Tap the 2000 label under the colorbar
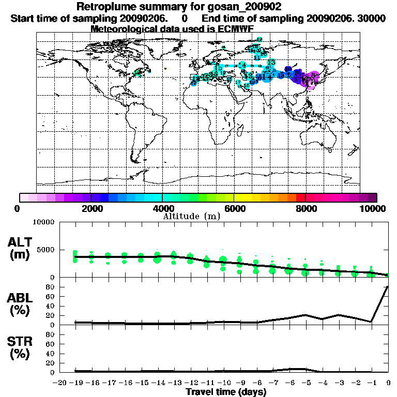pyautogui.click(x=90, y=209)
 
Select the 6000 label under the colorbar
pyautogui.click(x=234, y=209)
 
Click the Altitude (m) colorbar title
pyautogui.click(x=191, y=216)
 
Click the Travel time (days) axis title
pyautogui.click(x=226, y=392)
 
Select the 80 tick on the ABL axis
pyautogui.click(x=51, y=287)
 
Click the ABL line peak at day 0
pyautogui.click(x=388, y=286)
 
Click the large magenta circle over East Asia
pyautogui.click(x=311, y=81)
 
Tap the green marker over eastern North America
pyautogui.click(x=138, y=73)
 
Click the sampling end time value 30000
pyautogui.click(x=369, y=18)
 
